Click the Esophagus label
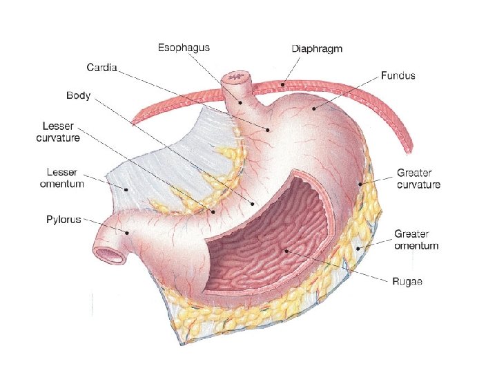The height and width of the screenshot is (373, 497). pyautogui.click(x=184, y=48)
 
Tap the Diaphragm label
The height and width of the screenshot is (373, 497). pyautogui.click(x=317, y=49)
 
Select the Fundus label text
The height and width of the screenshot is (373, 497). pyautogui.click(x=398, y=75)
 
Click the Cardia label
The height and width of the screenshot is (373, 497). pyautogui.click(x=101, y=68)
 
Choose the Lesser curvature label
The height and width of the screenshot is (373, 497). pyautogui.click(x=58, y=133)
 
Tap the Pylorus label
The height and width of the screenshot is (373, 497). pyautogui.click(x=64, y=220)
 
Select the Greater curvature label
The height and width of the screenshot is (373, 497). pyautogui.click(x=418, y=179)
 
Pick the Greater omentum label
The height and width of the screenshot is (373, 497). pyautogui.click(x=416, y=240)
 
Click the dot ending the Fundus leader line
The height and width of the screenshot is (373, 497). pyautogui.click(x=314, y=108)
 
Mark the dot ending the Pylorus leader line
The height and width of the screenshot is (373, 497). pyautogui.click(x=128, y=233)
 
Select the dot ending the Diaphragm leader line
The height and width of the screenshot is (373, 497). pyautogui.click(x=281, y=85)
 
